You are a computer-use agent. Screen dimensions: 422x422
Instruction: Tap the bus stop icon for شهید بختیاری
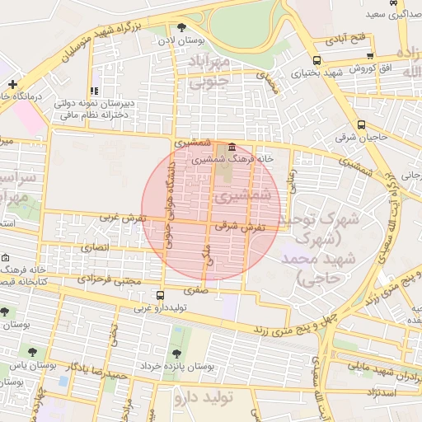(318, 60)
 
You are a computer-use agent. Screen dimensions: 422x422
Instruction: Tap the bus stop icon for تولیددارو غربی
(160, 295)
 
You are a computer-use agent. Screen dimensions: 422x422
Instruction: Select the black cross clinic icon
(12, 84)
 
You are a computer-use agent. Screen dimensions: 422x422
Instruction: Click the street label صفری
(196, 289)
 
